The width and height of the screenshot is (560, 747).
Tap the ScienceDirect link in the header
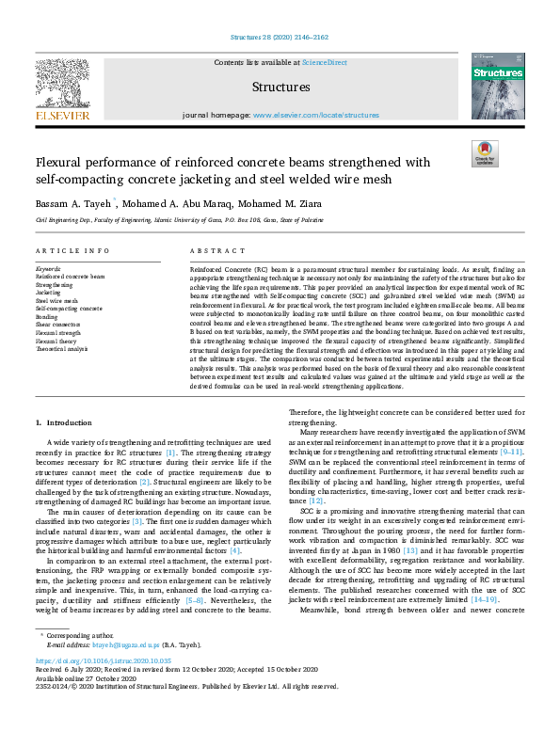pos(324,62)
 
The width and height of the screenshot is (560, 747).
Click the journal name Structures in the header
pos(280,87)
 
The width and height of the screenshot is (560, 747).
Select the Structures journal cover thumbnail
pos(497,86)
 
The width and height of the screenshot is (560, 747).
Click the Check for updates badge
pos(485,153)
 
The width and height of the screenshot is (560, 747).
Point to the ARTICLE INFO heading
pos(72,251)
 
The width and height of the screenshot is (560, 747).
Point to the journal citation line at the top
pos(280,38)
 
